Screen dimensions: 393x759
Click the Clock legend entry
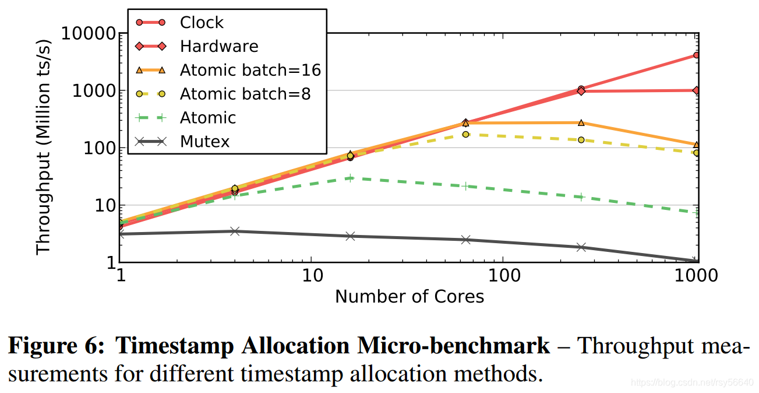[x=202, y=23]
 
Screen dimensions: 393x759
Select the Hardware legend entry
[x=219, y=46]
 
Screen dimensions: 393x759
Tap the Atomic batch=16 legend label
[x=250, y=70]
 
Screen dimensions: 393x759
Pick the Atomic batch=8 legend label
[x=245, y=94]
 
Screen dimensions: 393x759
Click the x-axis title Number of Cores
[x=409, y=297]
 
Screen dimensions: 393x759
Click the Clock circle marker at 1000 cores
[x=696, y=55]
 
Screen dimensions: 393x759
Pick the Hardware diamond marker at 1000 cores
[x=696, y=90]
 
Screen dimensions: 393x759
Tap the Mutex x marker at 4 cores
[x=235, y=231]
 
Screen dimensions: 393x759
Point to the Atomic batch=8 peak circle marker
[x=465, y=134]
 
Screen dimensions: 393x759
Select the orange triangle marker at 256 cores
[x=581, y=122]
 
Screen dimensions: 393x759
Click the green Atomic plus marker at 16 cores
[x=350, y=178]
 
